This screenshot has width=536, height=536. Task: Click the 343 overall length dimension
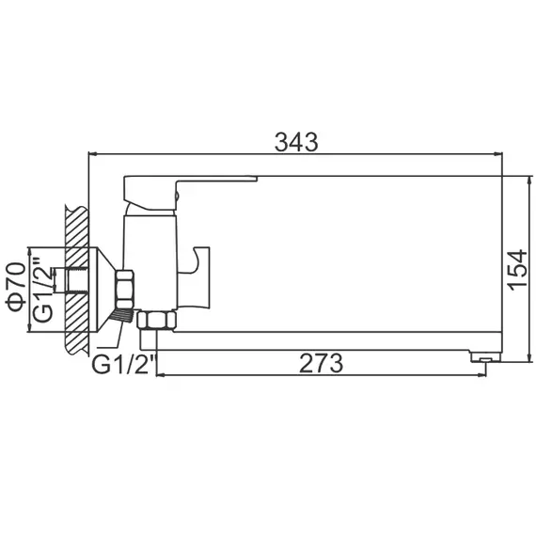[x=296, y=141]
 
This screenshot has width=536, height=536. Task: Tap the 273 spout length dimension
[x=321, y=362]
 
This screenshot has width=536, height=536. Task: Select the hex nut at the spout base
[x=153, y=322]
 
